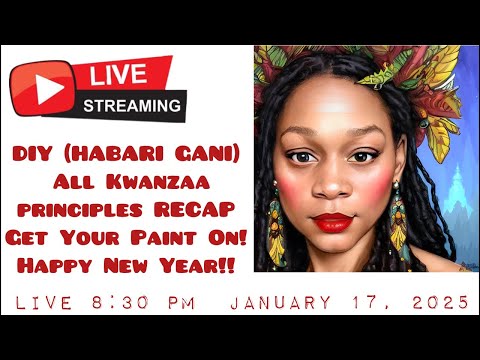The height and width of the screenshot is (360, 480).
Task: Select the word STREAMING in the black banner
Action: [133, 103]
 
